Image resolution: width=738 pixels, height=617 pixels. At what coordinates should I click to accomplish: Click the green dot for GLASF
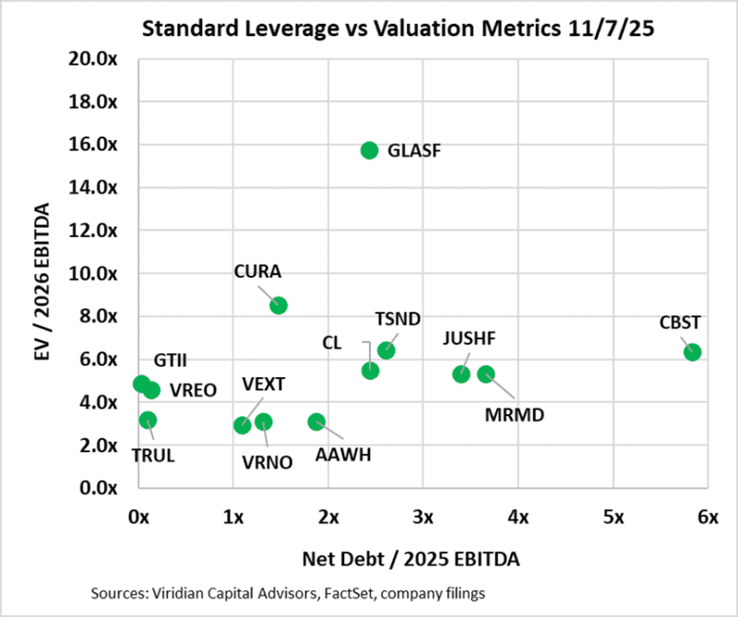click(369, 150)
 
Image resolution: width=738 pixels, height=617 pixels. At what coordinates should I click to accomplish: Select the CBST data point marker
click(693, 351)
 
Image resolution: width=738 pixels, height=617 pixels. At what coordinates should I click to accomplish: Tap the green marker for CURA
click(279, 305)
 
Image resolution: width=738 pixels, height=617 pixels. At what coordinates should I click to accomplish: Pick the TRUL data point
click(148, 420)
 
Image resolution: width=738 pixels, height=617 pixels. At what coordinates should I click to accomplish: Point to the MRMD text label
click(514, 415)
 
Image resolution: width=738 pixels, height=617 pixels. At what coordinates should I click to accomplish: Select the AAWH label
click(343, 455)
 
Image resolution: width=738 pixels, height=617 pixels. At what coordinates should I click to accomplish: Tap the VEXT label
click(264, 384)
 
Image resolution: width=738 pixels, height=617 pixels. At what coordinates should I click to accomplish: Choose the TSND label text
click(398, 319)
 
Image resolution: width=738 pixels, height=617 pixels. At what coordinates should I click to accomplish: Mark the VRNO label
click(268, 463)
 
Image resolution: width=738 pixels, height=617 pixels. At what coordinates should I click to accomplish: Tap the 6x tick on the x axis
click(708, 517)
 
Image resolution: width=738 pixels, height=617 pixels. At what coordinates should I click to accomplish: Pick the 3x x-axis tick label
click(423, 517)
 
